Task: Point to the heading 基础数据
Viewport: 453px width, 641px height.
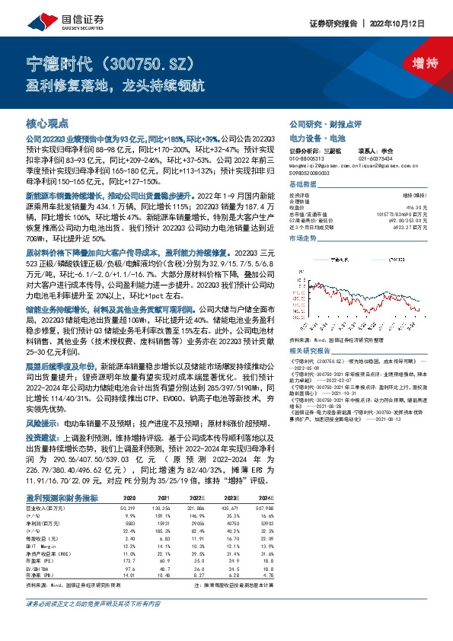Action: click(304, 185)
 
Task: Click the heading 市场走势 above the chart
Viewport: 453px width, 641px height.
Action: click(304, 238)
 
